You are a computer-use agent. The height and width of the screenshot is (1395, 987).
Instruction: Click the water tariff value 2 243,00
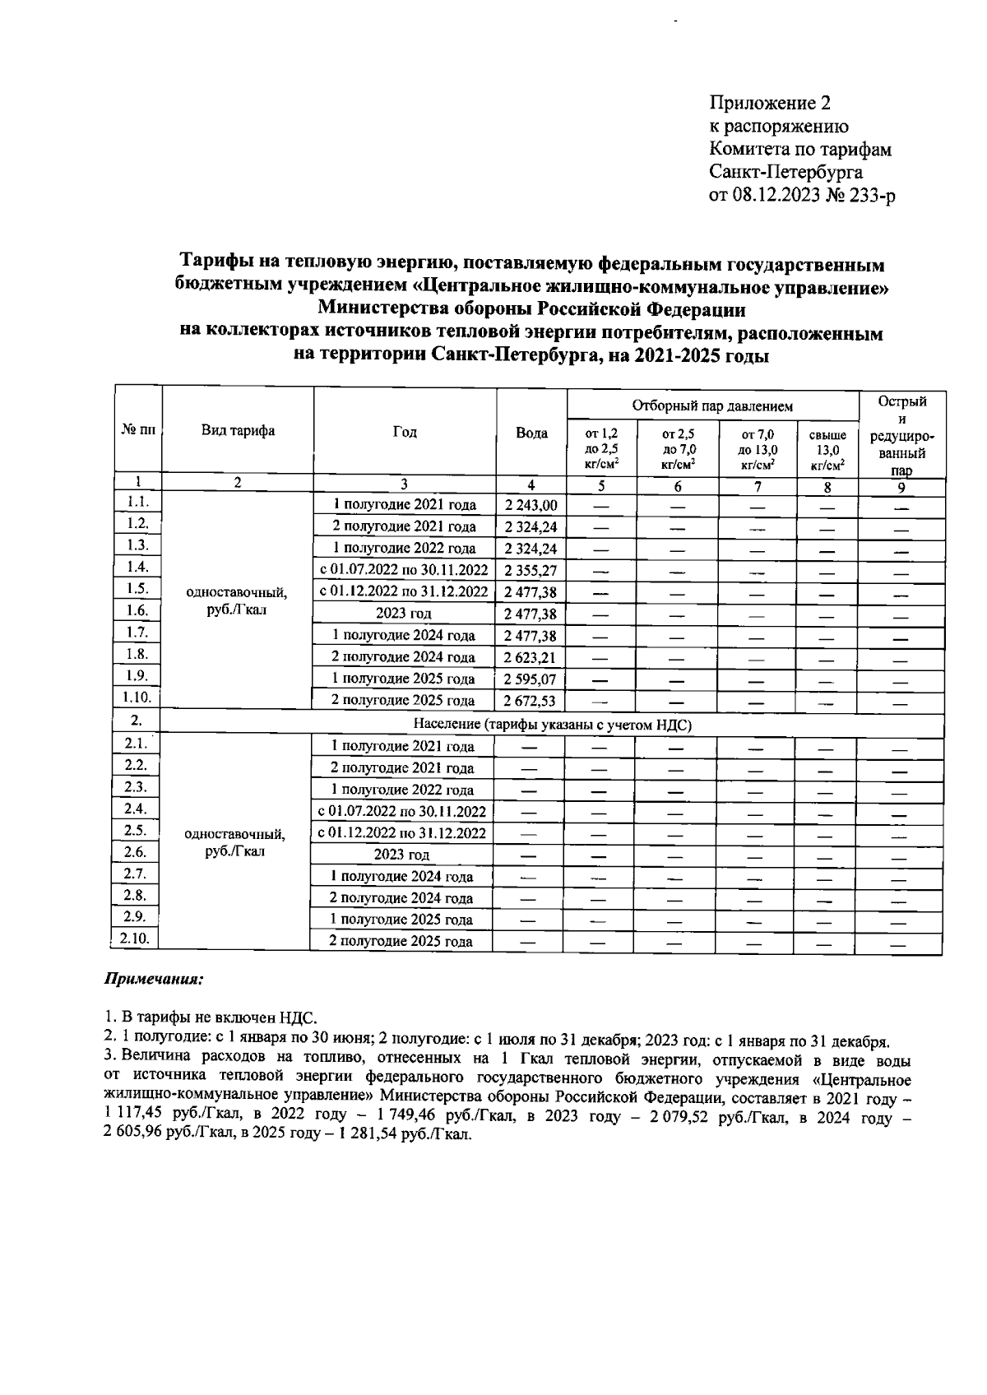point(531,505)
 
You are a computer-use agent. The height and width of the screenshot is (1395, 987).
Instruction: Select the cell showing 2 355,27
point(531,570)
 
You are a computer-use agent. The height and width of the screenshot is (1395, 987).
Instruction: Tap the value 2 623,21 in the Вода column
point(531,657)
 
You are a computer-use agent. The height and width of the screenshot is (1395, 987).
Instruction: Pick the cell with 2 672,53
point(531,701)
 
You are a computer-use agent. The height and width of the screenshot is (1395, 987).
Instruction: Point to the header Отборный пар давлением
point(712,406)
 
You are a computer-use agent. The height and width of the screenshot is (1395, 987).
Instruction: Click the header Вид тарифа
point(239,431)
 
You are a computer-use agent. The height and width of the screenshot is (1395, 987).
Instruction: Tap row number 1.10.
point(137,697)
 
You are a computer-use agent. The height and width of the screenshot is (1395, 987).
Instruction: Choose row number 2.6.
point(136,852)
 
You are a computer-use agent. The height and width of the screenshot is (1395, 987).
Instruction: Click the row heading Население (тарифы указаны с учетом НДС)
point(552,725)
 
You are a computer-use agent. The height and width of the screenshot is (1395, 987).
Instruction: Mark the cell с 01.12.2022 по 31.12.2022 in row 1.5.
point(404,591)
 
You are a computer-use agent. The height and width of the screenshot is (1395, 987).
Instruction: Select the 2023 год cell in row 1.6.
point(404,614)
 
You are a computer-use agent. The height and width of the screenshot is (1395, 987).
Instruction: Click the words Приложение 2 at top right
point(770,104)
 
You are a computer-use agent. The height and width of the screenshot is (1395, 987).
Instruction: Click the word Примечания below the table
point(153,980)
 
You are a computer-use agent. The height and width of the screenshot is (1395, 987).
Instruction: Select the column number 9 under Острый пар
point(901,487)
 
